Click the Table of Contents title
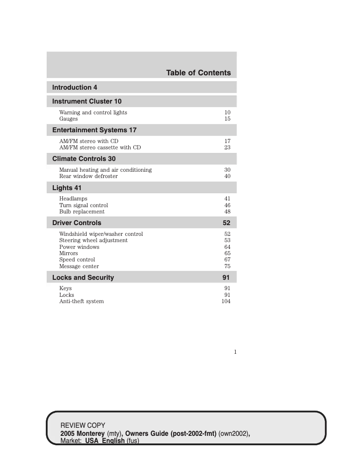pos(198,73)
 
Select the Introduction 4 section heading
pos(75,87)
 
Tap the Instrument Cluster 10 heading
pos(87,101)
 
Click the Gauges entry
pos(68,119)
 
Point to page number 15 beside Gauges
pos(227,119)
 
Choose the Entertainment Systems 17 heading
pos(94,130)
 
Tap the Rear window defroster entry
pos(88,176)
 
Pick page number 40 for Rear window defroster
pos(227,176)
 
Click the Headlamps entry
pos(73,198)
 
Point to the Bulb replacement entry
pos(82,212)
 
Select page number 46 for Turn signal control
pos(227,205)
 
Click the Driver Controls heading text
pos(77,223)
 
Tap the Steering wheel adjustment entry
pos(93,240)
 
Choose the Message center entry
pos(79,266)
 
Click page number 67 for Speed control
pos(227,260)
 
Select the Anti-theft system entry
pos(81,301)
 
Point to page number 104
pos(226,301)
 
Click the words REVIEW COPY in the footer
pos(83,425)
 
